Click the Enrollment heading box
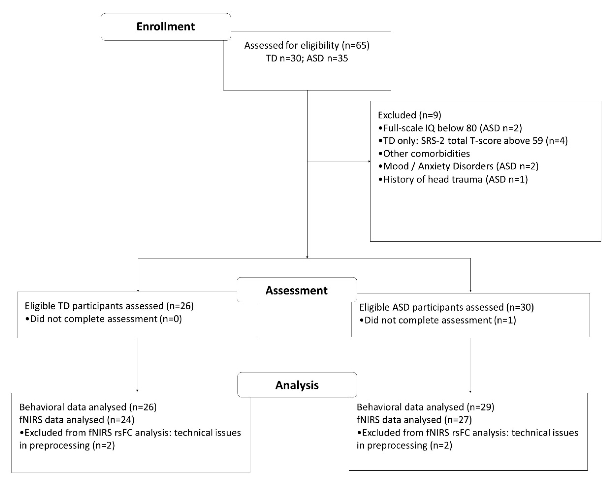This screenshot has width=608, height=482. coord(166,27)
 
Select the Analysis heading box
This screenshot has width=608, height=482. coord(297,385)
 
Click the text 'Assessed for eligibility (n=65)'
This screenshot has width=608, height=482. coord(307,45)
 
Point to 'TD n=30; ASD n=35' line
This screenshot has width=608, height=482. coord(307,58)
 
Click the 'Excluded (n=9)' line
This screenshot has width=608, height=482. coord(409,115)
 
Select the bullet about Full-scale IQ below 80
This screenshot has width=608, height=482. coord(450,128)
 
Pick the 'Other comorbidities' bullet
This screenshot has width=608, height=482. coord(424,153)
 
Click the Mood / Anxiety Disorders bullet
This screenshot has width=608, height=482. coord(458,166)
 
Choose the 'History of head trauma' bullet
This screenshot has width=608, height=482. coord(453,179)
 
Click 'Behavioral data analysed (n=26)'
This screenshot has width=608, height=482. coord(88,407)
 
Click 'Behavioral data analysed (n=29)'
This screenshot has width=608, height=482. coord(425,407)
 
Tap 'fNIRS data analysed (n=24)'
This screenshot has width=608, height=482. coord(77,420)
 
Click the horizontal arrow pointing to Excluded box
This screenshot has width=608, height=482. coord(338,161)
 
